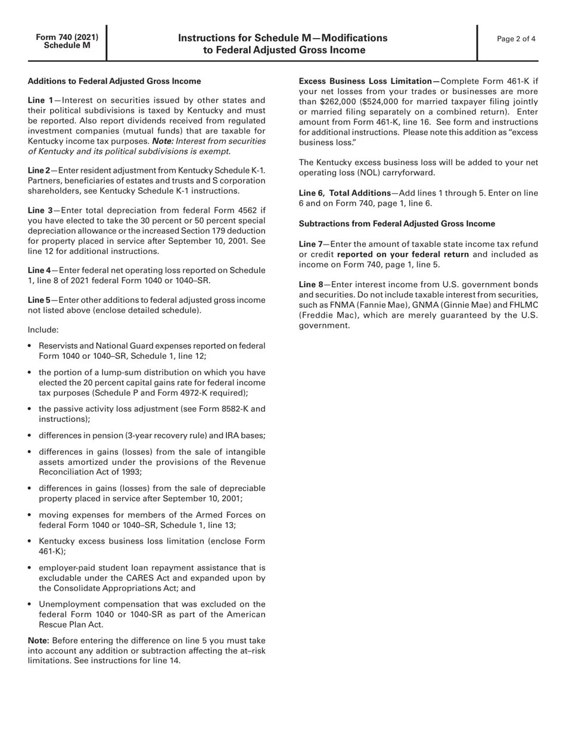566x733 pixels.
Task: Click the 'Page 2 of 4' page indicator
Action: tap(516, 39)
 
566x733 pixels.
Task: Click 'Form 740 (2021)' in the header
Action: tap(67, 37)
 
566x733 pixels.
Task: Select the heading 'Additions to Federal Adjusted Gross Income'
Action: tap(114, 81)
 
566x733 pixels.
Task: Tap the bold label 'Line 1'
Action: tap(40, 101)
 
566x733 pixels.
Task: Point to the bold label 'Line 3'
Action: tap(40, 210)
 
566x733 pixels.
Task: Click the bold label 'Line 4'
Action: tap(39, 271)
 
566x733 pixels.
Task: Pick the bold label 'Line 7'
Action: tap(310, 244)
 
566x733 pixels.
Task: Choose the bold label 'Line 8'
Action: tap(310, 285)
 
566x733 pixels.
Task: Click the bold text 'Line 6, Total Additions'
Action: tap(344, 193)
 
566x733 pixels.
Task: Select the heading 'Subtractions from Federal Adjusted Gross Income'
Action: tap(397, 224)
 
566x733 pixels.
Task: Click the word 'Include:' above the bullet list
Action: tap(43, 330)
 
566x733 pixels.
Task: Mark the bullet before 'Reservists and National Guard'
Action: tap(30, 346)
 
